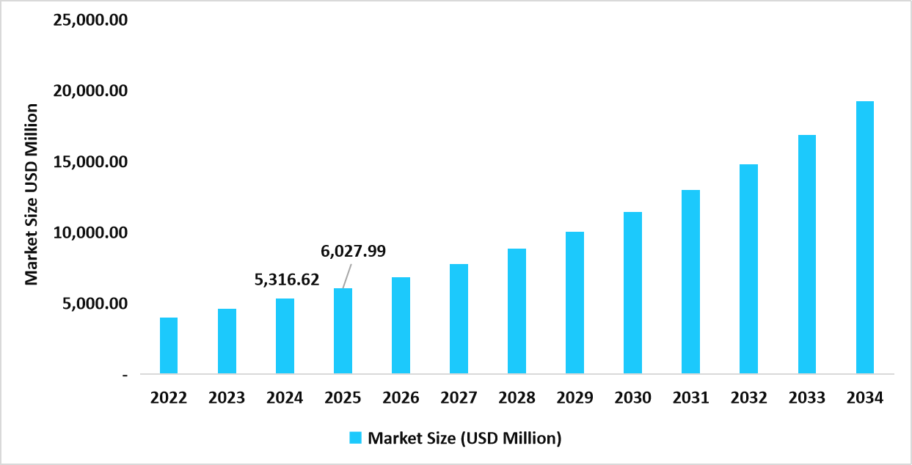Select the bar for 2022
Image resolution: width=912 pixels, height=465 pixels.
point(169,345)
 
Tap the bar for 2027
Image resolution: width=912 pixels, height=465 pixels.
point(459,319)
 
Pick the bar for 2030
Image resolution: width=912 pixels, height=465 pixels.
point(632,293)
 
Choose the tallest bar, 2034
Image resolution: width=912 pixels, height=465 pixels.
point(864,238)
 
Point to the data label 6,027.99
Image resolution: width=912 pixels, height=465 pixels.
point(354,252)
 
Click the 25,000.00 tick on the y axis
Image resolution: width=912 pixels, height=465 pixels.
point(91,20)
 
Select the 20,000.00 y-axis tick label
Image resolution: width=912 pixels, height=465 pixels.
point(91,91)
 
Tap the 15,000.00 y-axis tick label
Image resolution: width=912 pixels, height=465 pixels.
point(91,162)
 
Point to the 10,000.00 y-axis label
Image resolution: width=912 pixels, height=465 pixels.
point(91,232)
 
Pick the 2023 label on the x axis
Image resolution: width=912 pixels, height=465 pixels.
point(227,398)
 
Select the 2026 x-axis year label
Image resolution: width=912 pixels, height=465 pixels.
point(401,398)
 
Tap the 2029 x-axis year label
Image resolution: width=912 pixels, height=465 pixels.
point(574,398)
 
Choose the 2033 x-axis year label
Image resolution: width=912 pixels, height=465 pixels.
point(806,398)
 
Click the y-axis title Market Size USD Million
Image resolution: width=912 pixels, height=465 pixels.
point(31,194)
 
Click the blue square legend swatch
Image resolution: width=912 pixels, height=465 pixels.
point(356,439)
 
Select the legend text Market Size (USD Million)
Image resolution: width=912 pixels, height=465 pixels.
point(464,439)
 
